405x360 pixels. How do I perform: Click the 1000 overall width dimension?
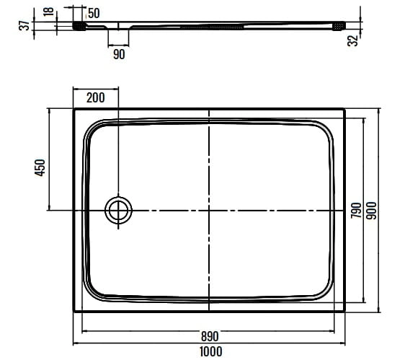point(210,352)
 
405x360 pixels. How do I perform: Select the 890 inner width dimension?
point(210,336)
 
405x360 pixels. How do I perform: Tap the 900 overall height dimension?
point(372,211)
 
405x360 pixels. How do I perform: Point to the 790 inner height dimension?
point(356,210)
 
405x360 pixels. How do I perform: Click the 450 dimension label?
point(40,168)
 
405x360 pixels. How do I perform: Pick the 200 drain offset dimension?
point(96,98)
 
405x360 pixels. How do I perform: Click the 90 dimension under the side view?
point(119,54)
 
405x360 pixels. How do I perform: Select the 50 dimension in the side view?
point(94,13)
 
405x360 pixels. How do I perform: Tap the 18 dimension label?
point(48,12)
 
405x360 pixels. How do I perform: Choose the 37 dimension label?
point(25,25)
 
